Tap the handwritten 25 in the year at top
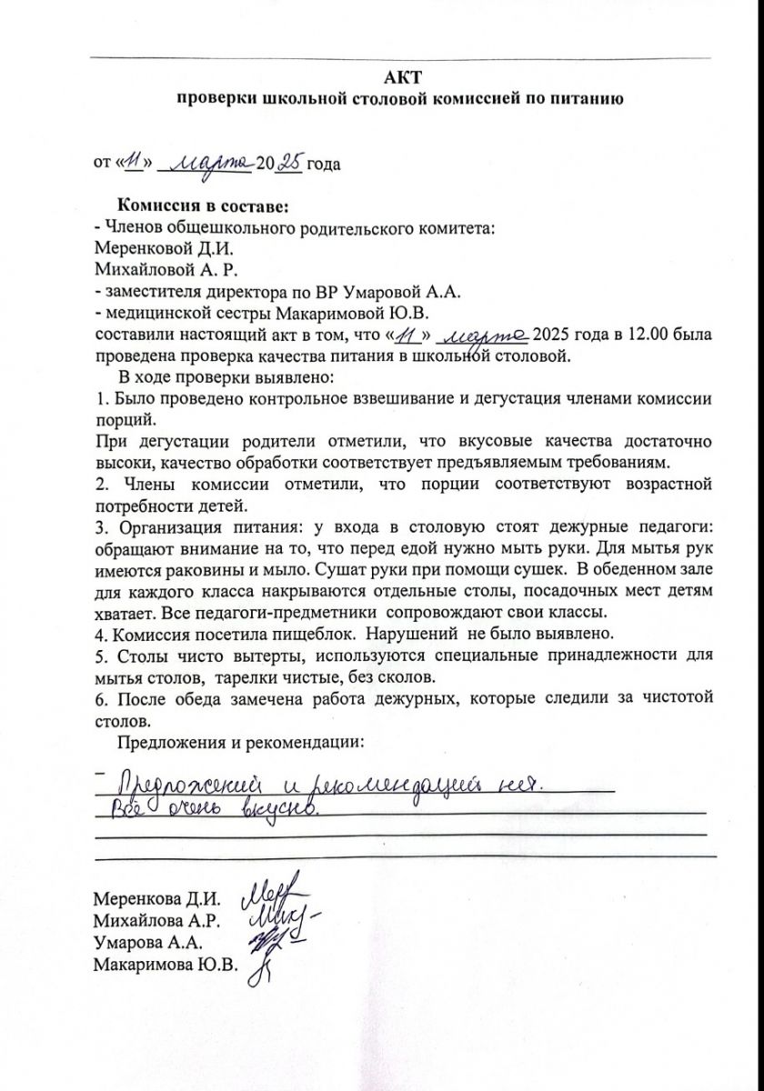coord(288,163)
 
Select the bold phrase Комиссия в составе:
coord(203,207)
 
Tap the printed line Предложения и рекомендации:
coord(241,742)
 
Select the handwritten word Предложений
coord(192,785)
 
